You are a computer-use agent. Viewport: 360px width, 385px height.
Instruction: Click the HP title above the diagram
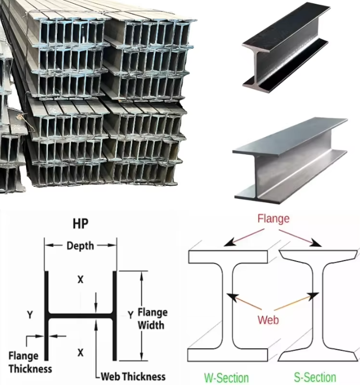[x=80, y=224]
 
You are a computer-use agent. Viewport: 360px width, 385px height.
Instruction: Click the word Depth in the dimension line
[x=80, y=246]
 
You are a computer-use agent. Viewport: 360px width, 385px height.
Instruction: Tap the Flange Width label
[x=152, y=319]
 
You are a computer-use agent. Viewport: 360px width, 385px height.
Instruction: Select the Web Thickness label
[x=133, y=376]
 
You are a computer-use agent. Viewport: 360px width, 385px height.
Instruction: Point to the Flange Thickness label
[x=30, y=362]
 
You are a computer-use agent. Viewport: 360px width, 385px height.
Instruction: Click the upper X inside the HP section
[x=80, y=279]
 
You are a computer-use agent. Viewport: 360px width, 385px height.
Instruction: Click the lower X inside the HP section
[x=80, y=353]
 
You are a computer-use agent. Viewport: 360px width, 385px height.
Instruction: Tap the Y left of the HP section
[x=30, y=315]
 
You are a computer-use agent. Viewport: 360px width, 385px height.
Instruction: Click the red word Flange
[x=273, y=219]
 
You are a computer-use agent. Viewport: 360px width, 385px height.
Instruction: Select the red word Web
[x=268, y=319]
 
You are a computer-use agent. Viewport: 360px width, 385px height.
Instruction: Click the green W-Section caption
[x=226, y=377]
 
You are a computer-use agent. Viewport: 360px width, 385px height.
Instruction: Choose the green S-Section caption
[x=315, y=377]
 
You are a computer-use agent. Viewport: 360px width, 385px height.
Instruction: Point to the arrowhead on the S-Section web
[x=313, y=296]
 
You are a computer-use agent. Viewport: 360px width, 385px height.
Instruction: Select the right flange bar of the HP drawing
[x=114, y=316]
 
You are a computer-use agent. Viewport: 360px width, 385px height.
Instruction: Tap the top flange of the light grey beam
[x=290, y=136]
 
